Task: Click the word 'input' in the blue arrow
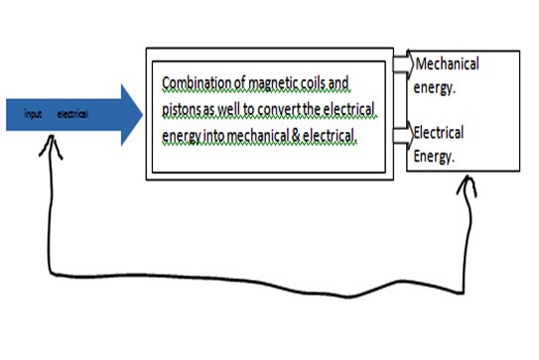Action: click(32, 115)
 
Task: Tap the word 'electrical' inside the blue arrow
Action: click(72, 115)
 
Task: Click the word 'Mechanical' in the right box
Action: click(447, 64)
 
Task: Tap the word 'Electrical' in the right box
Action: click(438, 132)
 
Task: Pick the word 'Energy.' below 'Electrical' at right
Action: click(434, 154)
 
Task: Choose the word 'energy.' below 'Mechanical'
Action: click(436, 86)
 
